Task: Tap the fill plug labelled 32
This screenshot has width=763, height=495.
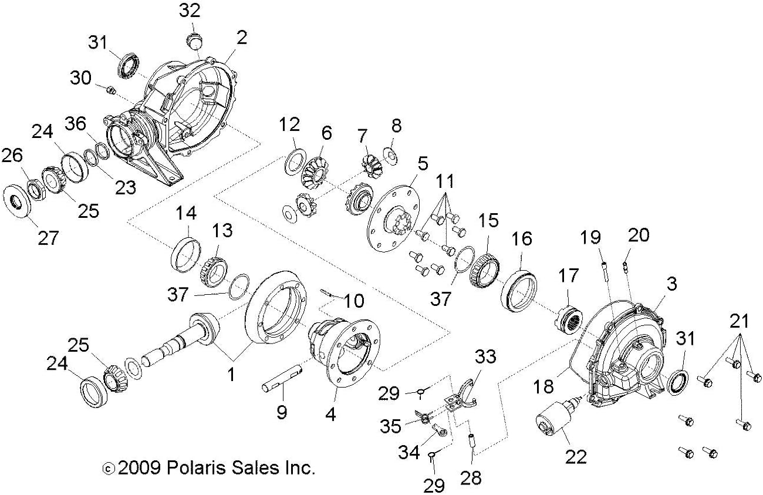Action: point(195,41)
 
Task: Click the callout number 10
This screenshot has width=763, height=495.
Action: point(353,301)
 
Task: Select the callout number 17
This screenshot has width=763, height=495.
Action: point(568,276)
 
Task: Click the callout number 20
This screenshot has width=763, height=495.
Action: point(639,235)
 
